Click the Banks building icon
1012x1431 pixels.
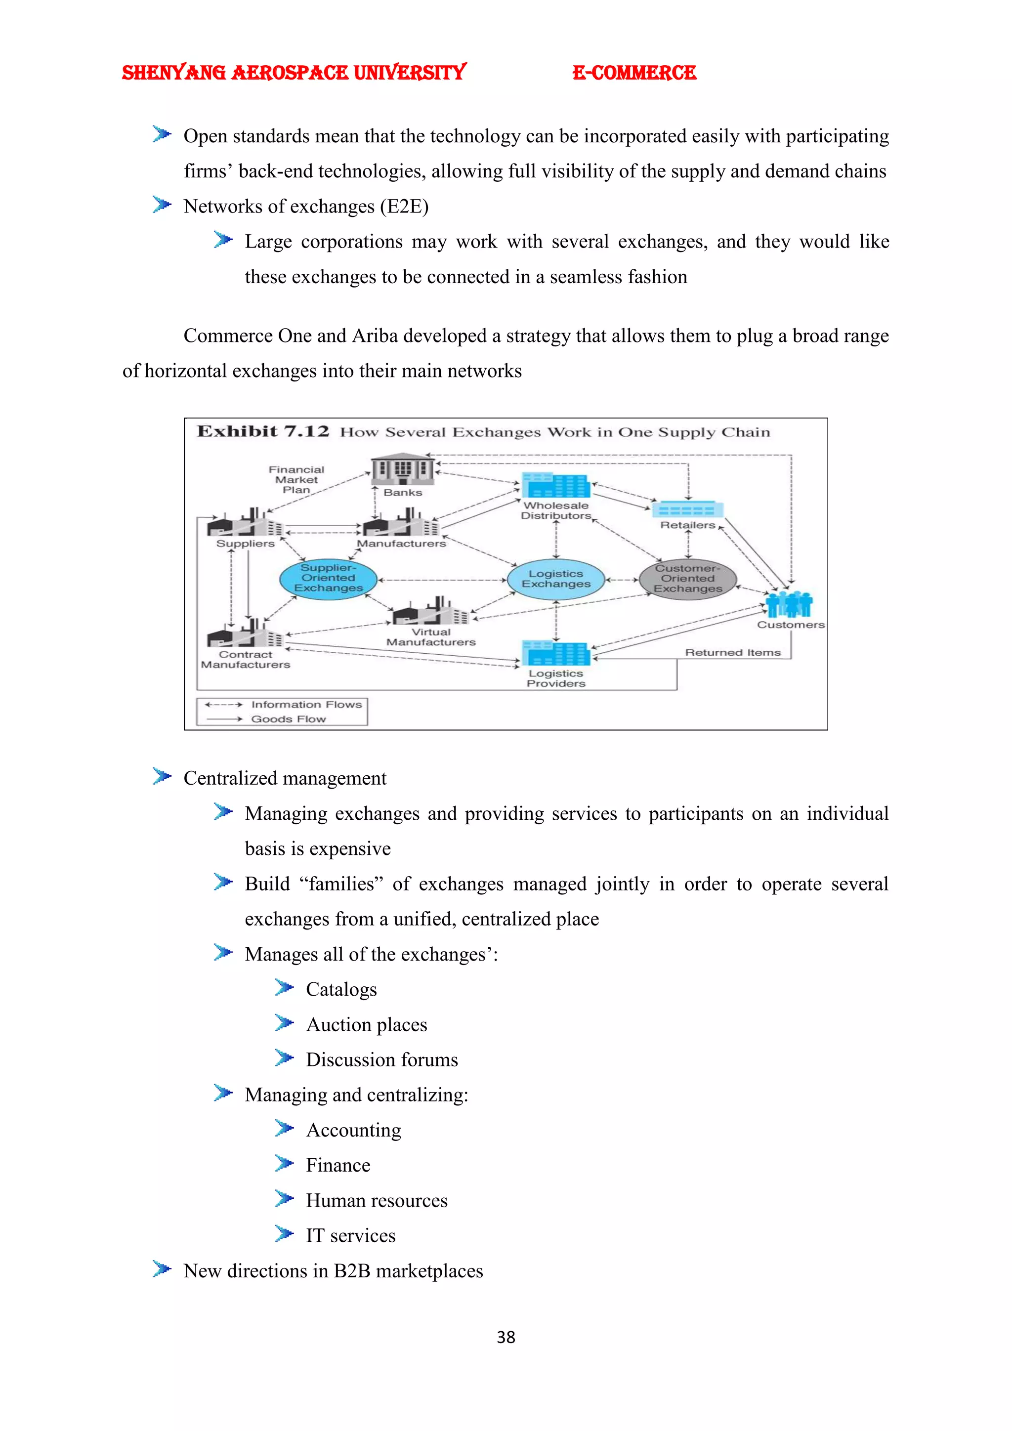[403, 469]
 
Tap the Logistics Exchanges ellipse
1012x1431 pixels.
[556, 579]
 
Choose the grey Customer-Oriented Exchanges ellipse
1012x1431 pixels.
[688, 579]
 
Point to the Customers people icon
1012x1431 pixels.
[789, 604]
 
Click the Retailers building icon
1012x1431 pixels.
[688, 509]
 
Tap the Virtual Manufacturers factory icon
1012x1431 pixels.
[430, 611]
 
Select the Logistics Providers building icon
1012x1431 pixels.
[556, 653]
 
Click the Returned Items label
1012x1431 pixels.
[733, 653]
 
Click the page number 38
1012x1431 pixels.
[506, 1338]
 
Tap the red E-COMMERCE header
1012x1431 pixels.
[634, 73]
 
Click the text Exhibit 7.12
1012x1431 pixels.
[262, 431]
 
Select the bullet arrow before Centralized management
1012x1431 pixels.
[162, 777]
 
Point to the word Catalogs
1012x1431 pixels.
[341, 990]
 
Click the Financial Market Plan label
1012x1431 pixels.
[296, 479]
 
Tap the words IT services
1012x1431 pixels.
[350, 1236]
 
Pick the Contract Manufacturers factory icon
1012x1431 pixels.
[244, 634]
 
